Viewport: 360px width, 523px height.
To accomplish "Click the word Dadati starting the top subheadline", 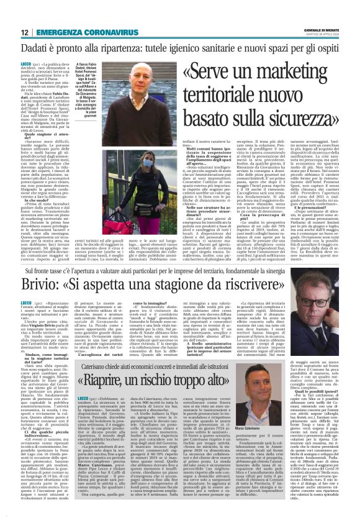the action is coord(37,48).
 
